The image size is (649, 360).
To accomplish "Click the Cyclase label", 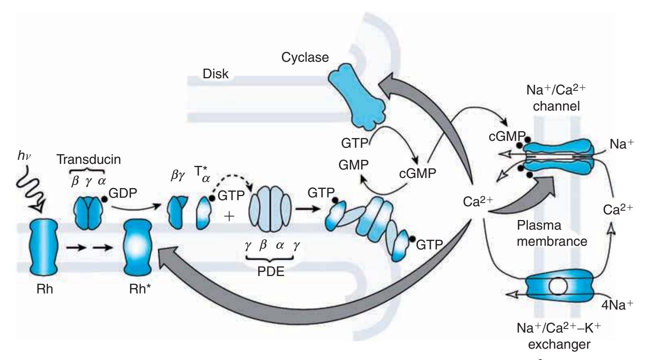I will coord(305,58).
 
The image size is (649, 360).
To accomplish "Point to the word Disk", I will coord(216,74).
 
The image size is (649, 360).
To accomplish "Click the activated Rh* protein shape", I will coord(137,247).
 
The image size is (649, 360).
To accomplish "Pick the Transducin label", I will coord(88,159).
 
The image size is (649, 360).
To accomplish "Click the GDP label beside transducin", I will coord(123,193).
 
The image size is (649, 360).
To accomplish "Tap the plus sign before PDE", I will coord(229,216).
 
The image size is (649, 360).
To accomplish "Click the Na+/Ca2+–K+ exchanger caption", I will coord(559,335).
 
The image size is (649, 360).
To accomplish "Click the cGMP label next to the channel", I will coord(506,136).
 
